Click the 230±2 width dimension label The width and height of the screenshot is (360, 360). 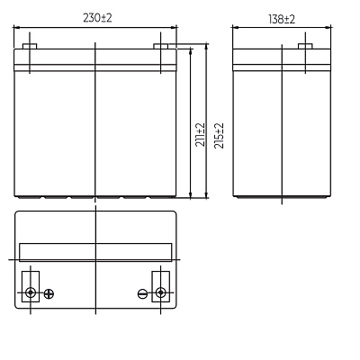pos(97,18)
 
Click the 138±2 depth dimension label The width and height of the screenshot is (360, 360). pos(282,19)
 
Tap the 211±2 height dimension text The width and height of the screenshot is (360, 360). pos(200,135)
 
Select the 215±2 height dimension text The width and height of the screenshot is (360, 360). pos(219,136)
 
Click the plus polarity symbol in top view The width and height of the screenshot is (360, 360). pos(49,293)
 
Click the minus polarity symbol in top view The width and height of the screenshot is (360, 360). pos(142,293)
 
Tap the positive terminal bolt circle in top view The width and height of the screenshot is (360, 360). pos(31,292)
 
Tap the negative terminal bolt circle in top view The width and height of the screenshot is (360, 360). pos(161,292)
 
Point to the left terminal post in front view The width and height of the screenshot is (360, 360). pos(30,46)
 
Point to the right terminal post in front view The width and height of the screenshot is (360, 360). pos(161,46)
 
